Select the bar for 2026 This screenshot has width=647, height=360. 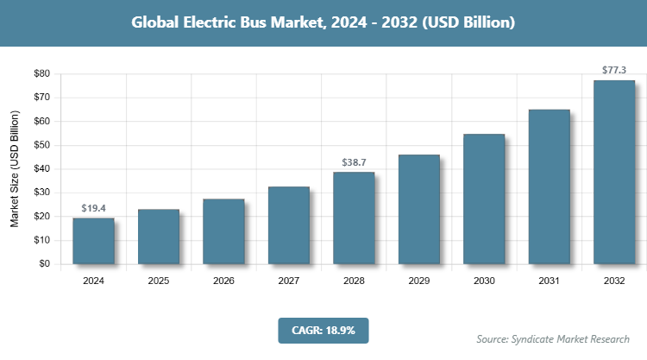223,231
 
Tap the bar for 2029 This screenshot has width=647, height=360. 418,209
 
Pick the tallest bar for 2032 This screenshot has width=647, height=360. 614,172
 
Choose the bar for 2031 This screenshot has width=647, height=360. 549,186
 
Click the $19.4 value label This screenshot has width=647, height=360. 93,208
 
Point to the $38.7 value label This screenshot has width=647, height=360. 354,162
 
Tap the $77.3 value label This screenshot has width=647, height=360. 614,70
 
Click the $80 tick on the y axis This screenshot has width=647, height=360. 41,74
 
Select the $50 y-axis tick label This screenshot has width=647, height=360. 41,145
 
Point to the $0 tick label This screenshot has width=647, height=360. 44,264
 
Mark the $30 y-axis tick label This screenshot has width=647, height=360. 41,193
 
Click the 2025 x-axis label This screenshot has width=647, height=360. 158,281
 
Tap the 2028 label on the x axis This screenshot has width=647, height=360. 354,281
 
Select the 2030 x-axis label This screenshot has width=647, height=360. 484,281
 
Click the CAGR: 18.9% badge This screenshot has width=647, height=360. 323,330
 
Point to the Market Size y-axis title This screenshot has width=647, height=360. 15,169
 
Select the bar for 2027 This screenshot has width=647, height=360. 288,225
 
